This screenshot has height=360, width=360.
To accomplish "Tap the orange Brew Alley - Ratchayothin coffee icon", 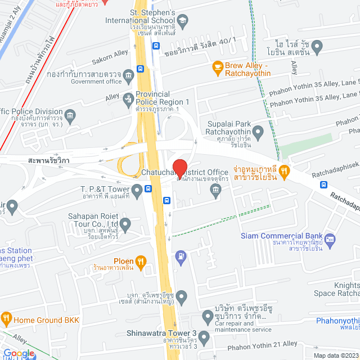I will (217, 67).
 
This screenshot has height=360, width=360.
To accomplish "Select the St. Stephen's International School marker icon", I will (187, 20).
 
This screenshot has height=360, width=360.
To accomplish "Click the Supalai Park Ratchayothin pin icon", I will (258, 133).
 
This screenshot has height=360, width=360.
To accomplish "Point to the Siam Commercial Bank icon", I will (330, 240).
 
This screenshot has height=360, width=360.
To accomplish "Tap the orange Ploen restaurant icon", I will (140, 261).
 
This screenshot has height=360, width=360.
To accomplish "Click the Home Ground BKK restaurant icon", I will (6, 319).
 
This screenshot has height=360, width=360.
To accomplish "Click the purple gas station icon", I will (180, 256).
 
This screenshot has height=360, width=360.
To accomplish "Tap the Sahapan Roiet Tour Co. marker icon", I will (125, 226).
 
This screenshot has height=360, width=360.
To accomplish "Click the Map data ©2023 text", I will (334, 355).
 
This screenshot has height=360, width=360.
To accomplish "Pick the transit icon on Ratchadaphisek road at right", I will (323, 184).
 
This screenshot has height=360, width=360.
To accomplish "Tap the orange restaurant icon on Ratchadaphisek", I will (285, 169).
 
